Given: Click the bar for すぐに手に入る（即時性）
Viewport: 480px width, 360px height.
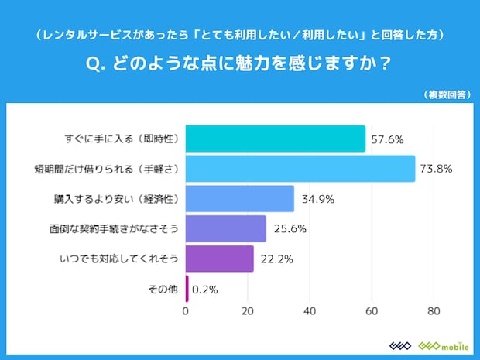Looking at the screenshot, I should [275, 139].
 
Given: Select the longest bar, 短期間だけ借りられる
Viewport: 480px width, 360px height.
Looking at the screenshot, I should [300, 169].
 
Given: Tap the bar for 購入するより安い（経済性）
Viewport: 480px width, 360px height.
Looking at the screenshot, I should [240, 199].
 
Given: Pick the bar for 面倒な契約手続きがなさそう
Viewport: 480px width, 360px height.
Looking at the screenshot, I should [225, 229].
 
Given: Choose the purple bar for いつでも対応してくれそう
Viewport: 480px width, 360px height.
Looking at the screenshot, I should [220, 259].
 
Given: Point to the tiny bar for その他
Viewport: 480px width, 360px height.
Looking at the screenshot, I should [187, 289].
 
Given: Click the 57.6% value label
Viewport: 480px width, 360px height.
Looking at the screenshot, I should [388, 139].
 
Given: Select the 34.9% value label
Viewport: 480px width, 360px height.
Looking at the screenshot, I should [317, 199].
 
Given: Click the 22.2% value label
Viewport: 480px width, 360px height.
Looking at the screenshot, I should [276, 259].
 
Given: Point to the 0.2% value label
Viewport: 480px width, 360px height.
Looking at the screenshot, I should [205, 290].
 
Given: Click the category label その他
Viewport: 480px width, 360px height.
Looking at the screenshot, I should [163, 290].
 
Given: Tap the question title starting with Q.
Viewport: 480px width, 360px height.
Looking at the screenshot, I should [240, 65].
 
